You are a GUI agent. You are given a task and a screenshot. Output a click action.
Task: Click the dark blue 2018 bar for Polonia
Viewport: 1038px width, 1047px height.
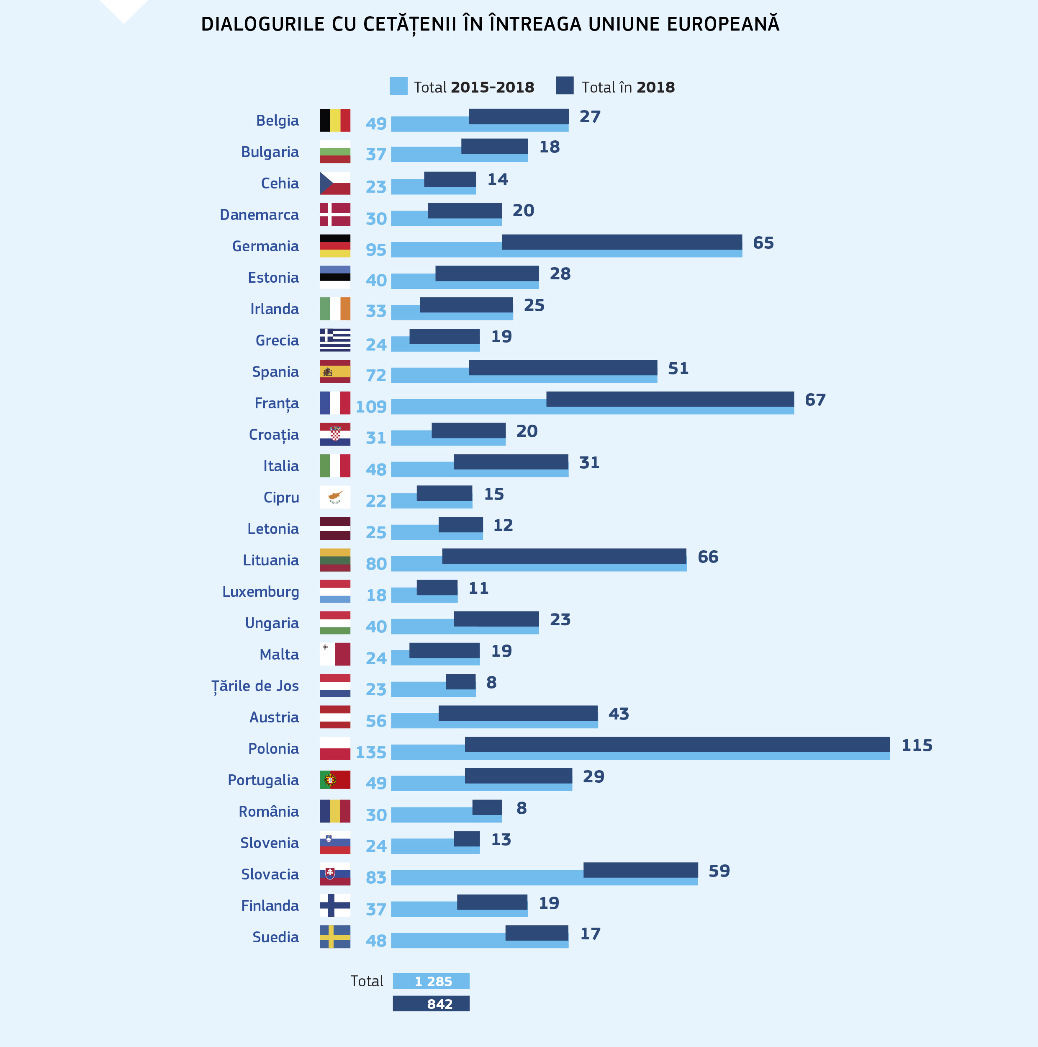click(x=677, y=744)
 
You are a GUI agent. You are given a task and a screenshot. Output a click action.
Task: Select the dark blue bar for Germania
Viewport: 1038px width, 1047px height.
click(x=622, y=242)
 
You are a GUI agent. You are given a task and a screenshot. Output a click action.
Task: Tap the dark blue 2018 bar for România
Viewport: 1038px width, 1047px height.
click(x=487, y=807)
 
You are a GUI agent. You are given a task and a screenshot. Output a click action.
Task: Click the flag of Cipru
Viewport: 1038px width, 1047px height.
click(x=334, y=497)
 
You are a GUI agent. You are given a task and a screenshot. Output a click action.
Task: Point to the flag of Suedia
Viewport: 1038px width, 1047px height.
click(x=334, y=936)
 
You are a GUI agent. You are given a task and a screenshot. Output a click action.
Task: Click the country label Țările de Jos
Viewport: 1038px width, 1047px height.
click(x=255, y=686)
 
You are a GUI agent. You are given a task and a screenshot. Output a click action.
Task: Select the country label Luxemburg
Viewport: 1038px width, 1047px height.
click(x=260, y=592)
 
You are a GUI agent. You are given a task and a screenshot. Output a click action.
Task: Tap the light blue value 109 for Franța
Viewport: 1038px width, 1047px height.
click(x=371, y=406)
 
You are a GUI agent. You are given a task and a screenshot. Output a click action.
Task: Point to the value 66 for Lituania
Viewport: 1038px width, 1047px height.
click(x=708, y=557)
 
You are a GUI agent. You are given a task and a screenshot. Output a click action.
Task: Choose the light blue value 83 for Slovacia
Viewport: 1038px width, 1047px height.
click(x=376, y=877)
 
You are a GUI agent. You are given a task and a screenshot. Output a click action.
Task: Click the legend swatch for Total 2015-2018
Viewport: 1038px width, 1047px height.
click(x=398, y=86)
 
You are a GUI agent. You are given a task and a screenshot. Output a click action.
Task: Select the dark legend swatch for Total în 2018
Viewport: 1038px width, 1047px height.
click(x=564, y=85)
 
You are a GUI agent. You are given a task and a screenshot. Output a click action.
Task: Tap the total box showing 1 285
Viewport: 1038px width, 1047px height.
click(x=431, y=981)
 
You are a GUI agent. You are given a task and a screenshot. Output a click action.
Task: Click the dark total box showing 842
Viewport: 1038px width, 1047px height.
click(x=431, y=1003)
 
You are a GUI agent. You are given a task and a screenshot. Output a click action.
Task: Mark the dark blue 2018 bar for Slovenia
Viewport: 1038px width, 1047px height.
click(x=466, y=838)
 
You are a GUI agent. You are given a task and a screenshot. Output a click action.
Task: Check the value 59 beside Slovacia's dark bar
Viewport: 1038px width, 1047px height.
click(x=719, y=871)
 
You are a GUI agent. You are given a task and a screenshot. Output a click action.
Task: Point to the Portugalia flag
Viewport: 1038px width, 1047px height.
click(x=334, y=779)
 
